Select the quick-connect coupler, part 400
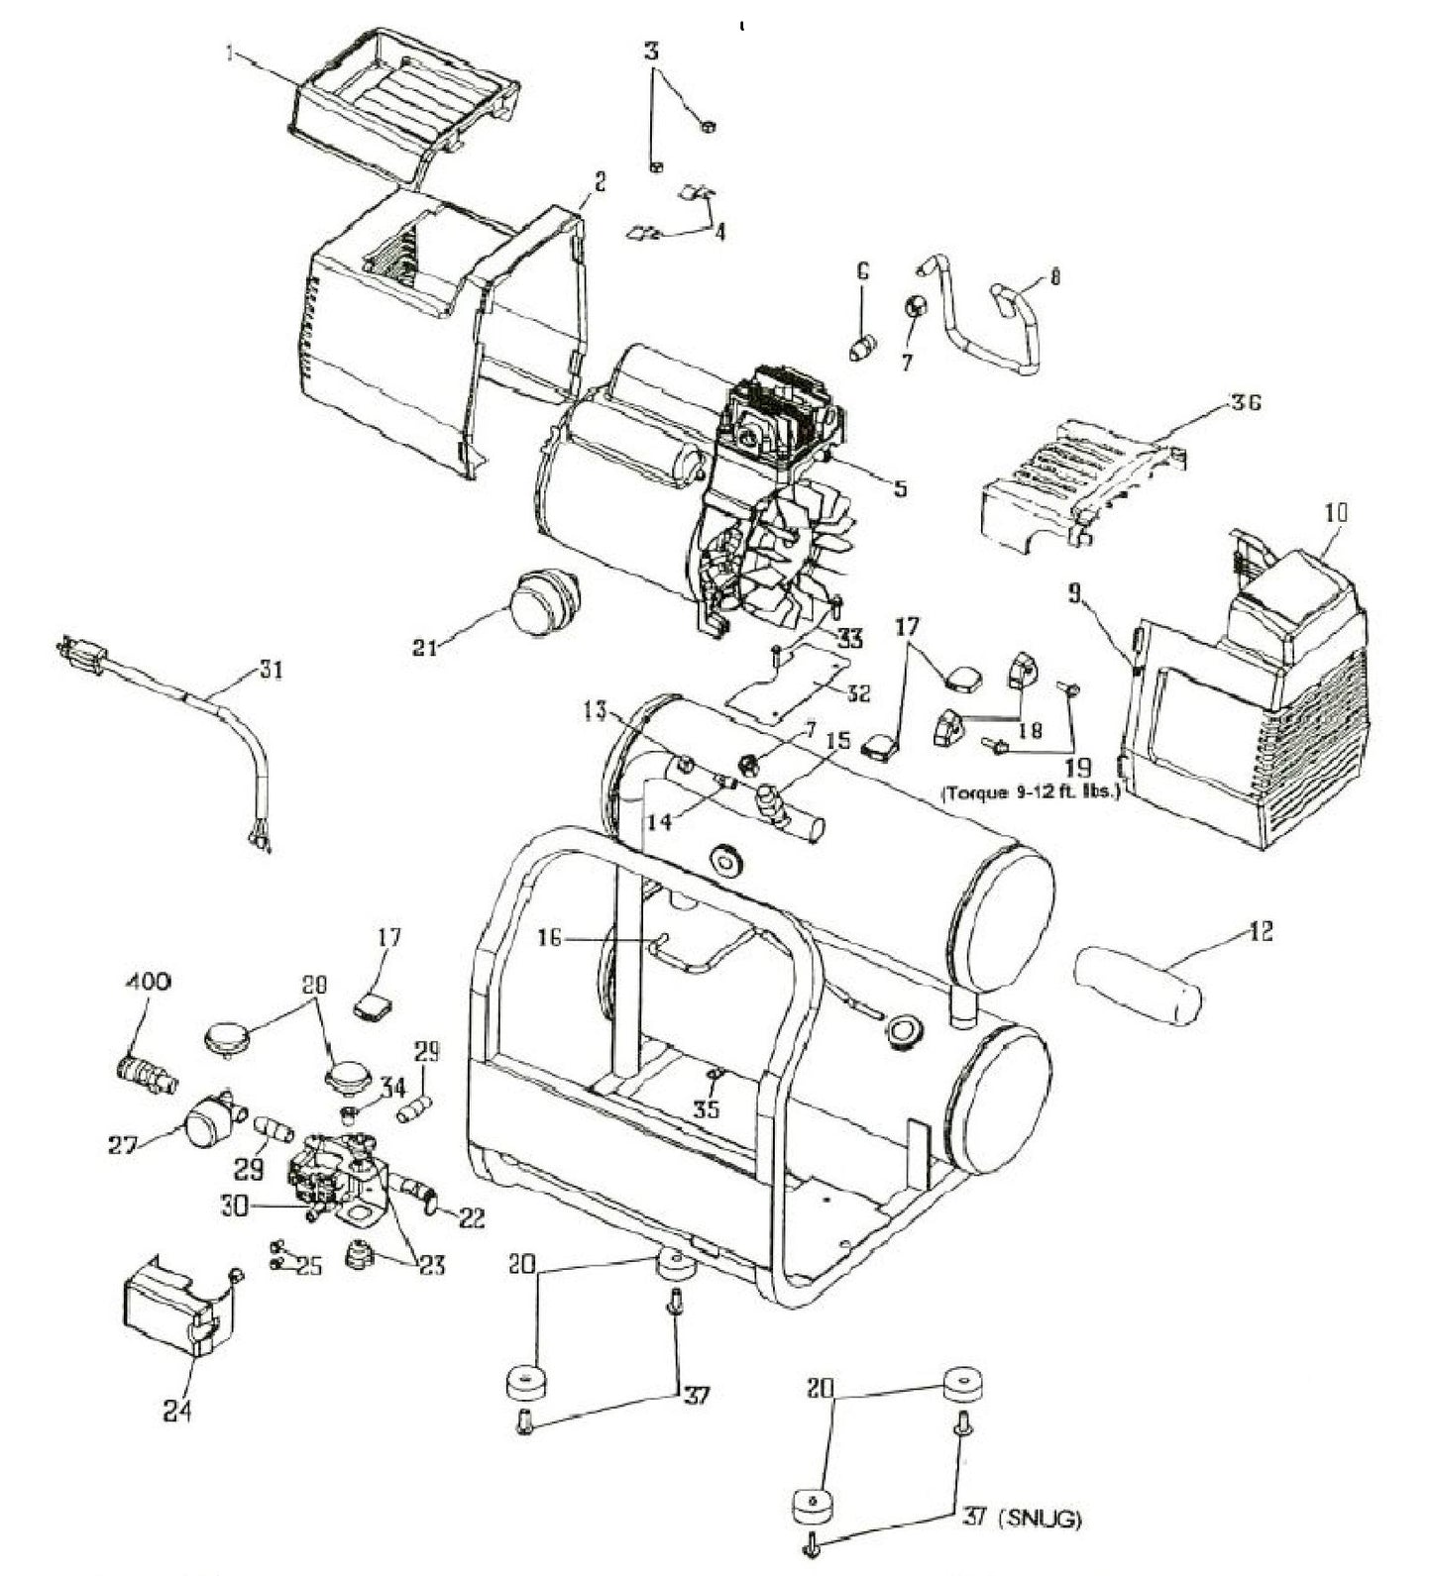145,1073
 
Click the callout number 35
706,1109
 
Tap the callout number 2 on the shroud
599,181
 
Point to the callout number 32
857,693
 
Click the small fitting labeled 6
864,347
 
